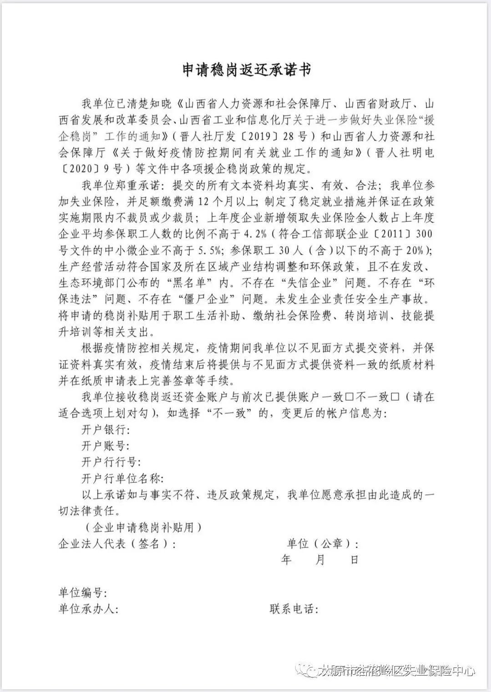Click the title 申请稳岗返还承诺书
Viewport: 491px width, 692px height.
pos(246,70)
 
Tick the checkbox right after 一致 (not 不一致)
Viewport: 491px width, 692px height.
pos(350,397)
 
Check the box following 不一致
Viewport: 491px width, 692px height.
pos(395,397)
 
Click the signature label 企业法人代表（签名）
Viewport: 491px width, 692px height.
pos(116,543)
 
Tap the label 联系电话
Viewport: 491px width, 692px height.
pos(294,609)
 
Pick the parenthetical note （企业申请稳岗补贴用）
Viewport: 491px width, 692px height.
pos(142,527)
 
